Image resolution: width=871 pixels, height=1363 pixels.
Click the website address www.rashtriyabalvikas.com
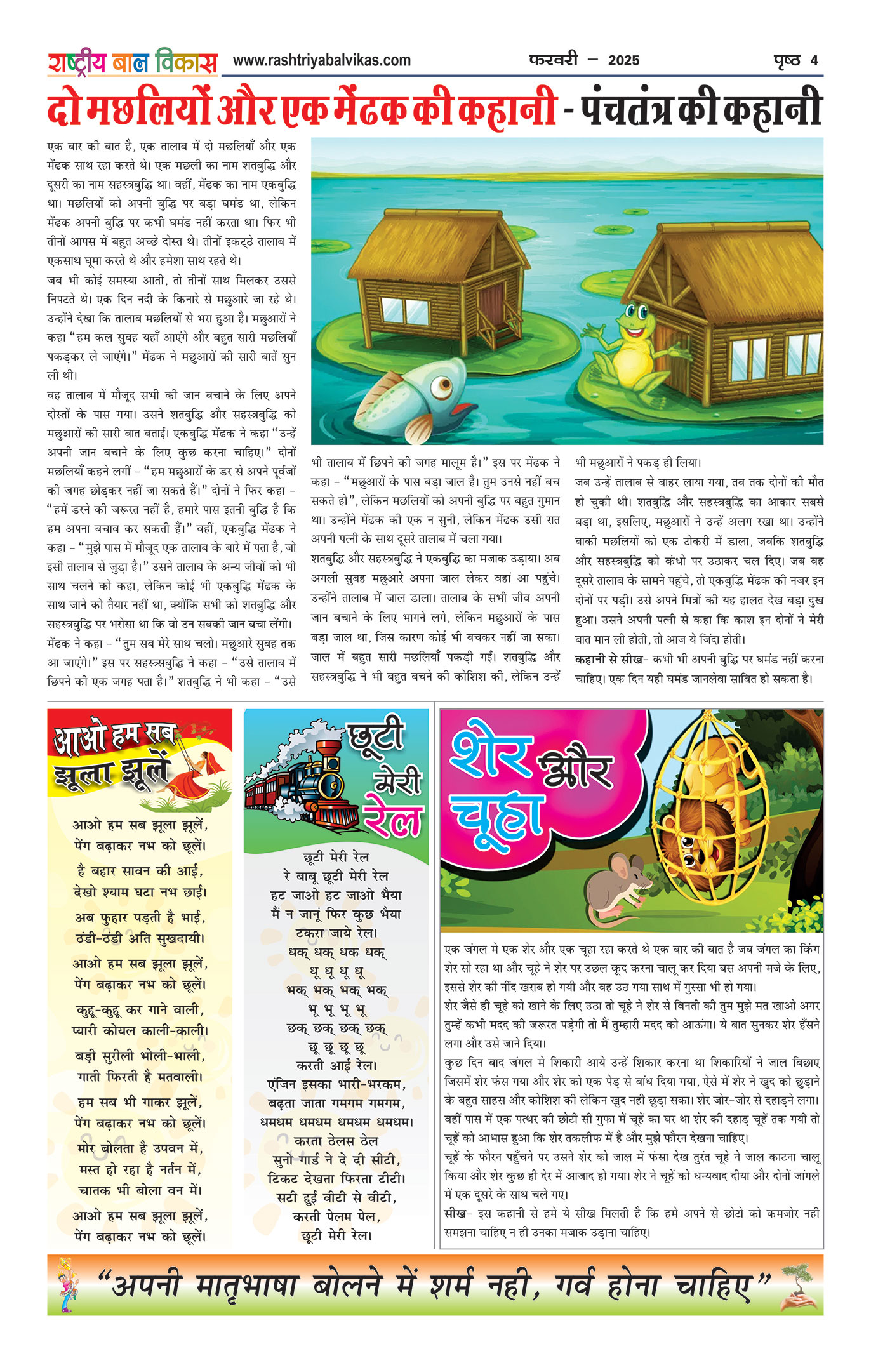pyautogui.click(x=321, y=60)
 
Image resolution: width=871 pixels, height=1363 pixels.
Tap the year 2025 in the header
pyautogui.click(x=623, y=60)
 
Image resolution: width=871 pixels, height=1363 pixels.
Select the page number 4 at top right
pyautogui.click(x=814, y=60)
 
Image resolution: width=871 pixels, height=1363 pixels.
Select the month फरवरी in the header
pyautogui.click(x=553, y=60)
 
